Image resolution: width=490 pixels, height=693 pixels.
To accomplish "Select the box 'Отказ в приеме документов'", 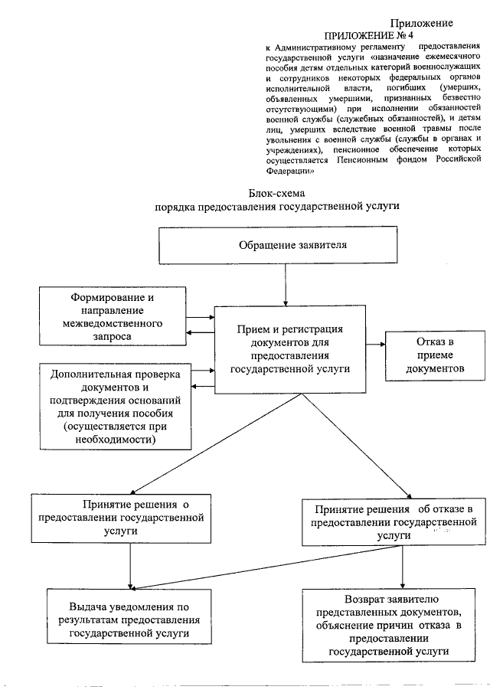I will [x=435, y=355].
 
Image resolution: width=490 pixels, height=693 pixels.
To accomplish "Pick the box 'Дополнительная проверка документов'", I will [x=115, y=406].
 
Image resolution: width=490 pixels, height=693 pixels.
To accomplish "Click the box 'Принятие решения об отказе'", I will [x=395, y=522].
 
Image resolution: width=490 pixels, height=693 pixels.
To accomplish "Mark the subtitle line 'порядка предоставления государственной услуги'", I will [x=276, y=207].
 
